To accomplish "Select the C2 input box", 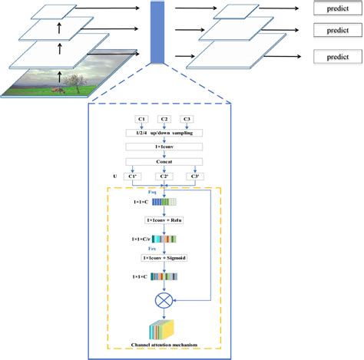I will point(164,119).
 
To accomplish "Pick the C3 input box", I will point(187,119).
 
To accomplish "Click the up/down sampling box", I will point(164,133).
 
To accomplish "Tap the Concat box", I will point(164,161).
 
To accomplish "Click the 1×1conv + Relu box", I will point(164,219).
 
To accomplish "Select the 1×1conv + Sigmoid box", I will point(164,258).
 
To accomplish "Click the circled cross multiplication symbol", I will point(164,297).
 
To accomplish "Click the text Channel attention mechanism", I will point(164,345).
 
